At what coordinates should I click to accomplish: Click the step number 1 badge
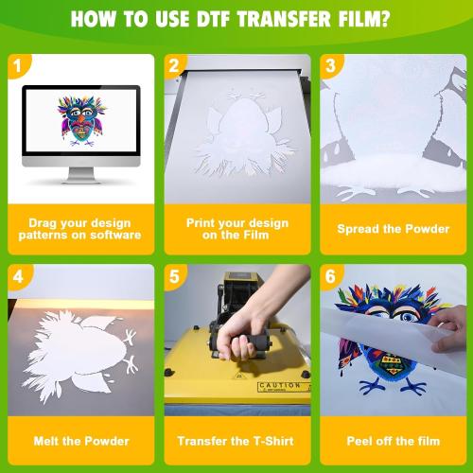[15, 65]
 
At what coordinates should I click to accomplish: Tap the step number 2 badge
[172, 65]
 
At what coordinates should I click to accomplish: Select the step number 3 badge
[329, 65]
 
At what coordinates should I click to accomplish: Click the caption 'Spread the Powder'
[393, 229]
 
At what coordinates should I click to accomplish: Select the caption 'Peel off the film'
[393, 441]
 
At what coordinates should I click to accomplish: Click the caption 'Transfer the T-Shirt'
[236, 441]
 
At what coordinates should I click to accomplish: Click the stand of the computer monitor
[79, 177]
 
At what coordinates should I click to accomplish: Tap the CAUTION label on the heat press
[279, 386]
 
